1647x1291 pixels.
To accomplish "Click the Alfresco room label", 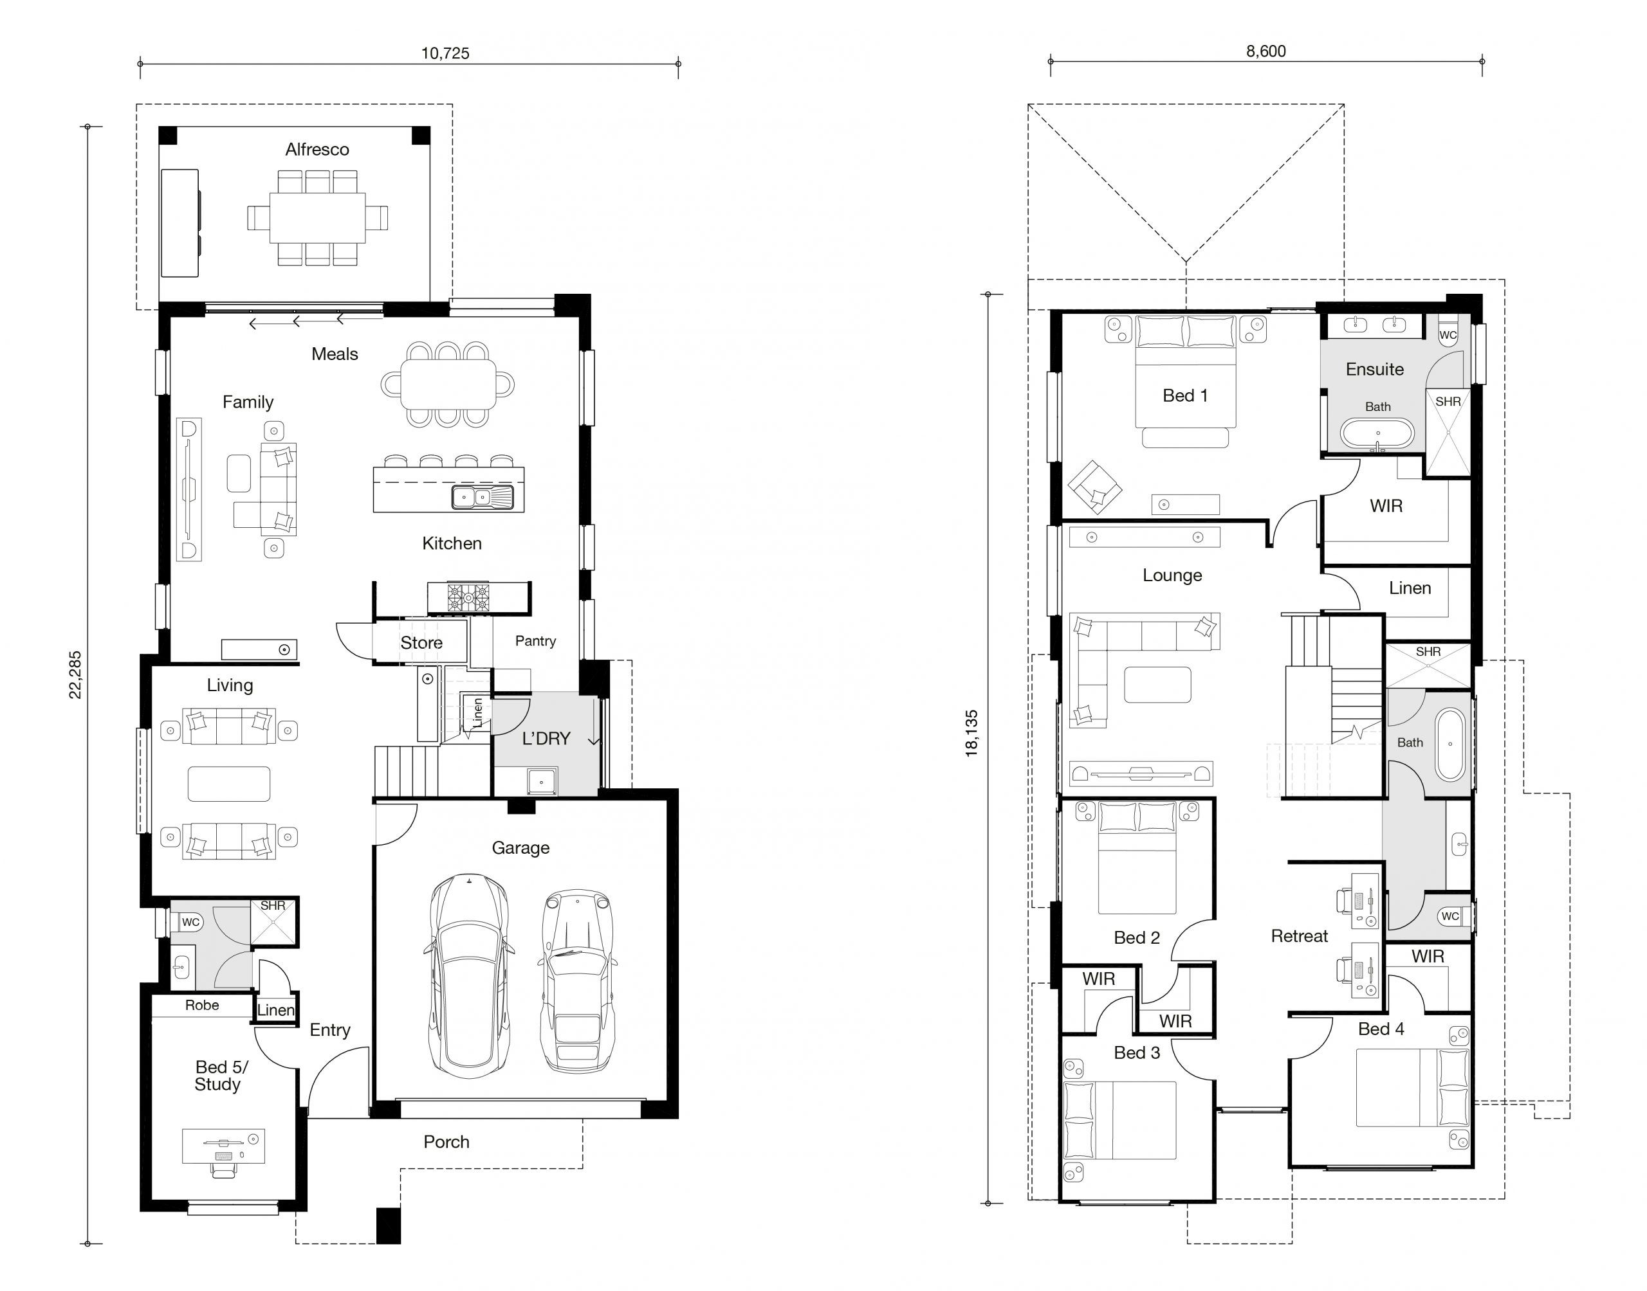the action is pyautogui.click(x=317, y=150).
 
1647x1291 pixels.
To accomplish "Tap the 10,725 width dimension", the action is pyautogui.click(x=445, y=53).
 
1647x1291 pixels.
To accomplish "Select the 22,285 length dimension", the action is pyautogui.click(x=76, y=675).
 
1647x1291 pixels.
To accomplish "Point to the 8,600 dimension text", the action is pyautogui.click(x=1266, y=51).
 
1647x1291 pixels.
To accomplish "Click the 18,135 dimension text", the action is pyautogui.click(x=971, y=733).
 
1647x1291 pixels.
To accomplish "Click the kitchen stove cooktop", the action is pyautogui.click(x=468, y=598).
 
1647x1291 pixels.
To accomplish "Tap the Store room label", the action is pyautogui.click(x=421, y=642).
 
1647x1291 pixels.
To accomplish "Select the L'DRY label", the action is pyautogui.click(x=546, y=739).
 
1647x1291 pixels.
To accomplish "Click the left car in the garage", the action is pyautogui.click(x=469, y=976).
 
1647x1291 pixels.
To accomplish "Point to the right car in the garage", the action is pyautogui.click(x=577, y=981).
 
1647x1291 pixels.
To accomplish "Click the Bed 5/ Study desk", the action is pyautogui.click(x=223, y=1146).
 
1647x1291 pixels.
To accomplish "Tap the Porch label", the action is pyautogui.click(x=446, y=1142).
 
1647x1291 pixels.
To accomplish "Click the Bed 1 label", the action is pyautogui.click(x=1185, y=395).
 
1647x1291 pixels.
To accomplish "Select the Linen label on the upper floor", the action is pyautogui.click(x=1410, y=588).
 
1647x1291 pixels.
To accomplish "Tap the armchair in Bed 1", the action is pyautogui.click(x=1094, y=487).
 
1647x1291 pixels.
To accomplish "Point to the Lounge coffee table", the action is pyautogui.click(x=1157, y=685).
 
